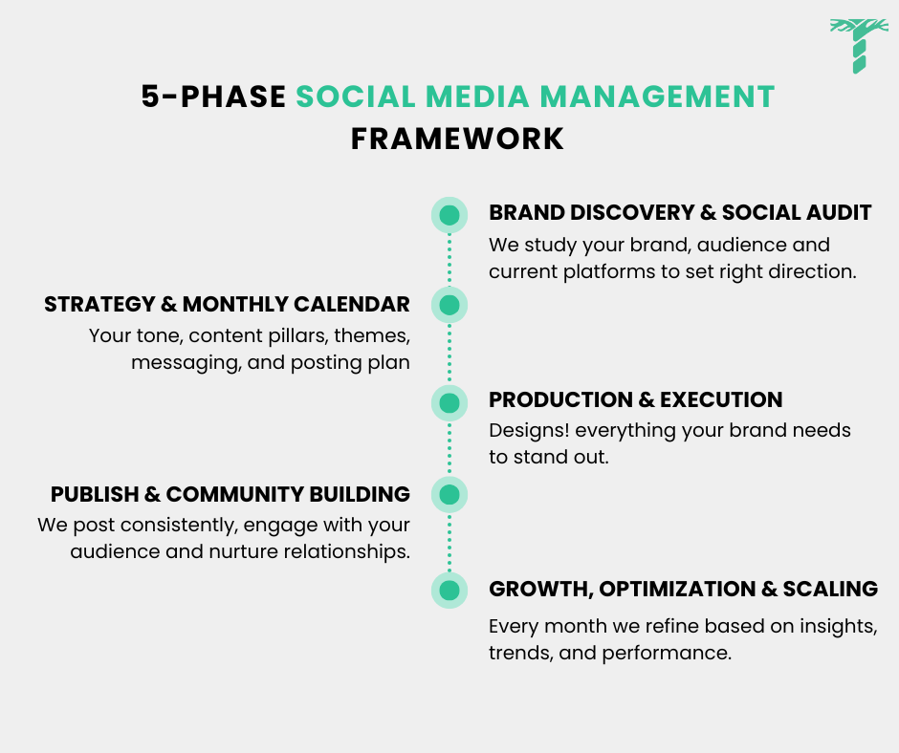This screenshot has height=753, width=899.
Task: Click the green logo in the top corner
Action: click(x=852, y=45)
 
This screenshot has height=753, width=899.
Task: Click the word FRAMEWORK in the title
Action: click(x=457, y=139)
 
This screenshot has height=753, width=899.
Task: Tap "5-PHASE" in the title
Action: click(x=213, y=97)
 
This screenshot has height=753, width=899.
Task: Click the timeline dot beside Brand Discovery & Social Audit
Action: click(x=449, y=214)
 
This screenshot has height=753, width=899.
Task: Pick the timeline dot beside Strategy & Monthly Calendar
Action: click(x=449, y=305)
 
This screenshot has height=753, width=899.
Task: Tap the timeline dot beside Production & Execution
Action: click(x=449, y=401)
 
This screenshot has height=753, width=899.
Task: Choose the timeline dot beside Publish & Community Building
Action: click(x=449, y=494)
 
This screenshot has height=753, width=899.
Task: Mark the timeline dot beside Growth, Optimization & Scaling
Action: click(x=449, y=590)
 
